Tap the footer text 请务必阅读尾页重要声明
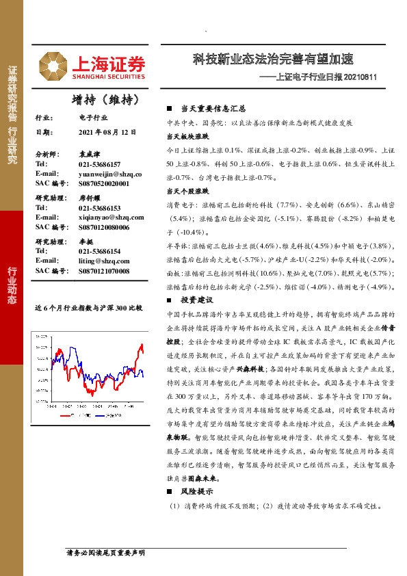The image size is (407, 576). [105, 551]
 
